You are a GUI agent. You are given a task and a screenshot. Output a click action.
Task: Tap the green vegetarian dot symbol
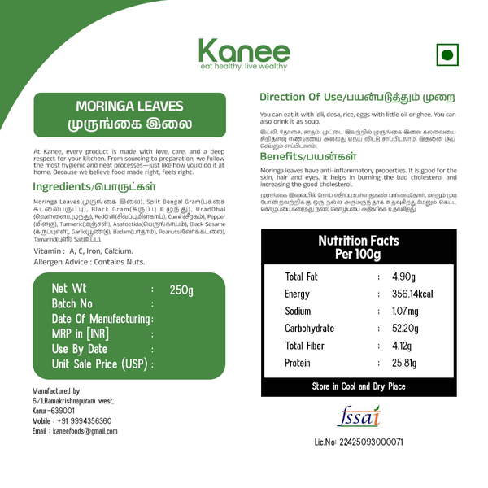[446, 55]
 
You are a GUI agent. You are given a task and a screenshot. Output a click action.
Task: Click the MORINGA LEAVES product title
[129, 107]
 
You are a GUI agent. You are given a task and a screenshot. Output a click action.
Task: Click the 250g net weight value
[181, 290]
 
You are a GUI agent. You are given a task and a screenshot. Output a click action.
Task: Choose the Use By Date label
[80, 349]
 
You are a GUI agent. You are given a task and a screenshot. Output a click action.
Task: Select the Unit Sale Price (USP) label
[99, 364]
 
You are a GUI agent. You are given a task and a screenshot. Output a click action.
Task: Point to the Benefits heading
[307, 155]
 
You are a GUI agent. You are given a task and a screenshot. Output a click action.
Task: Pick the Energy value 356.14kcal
[412, 294]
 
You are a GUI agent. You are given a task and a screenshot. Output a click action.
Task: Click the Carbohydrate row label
[309, 329]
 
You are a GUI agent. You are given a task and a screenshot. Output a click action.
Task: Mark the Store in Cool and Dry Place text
[359, 386]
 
